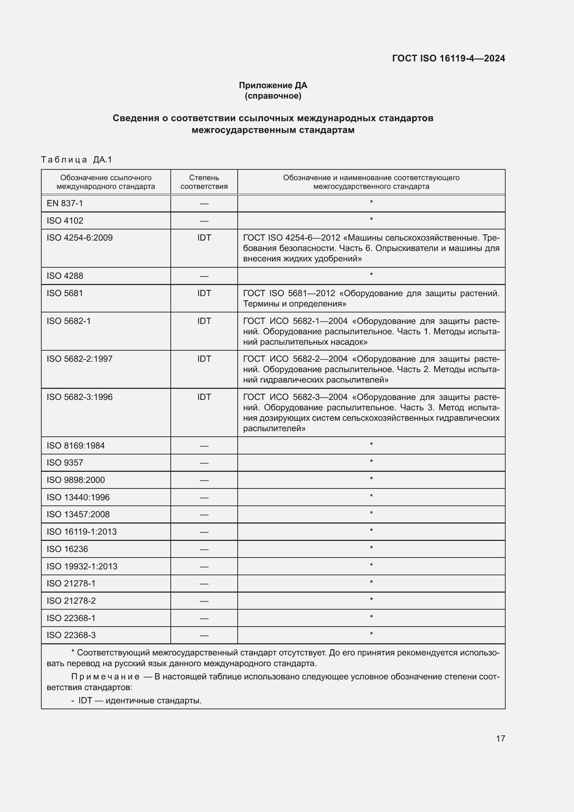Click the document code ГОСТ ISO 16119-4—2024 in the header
pos(448,58)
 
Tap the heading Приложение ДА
pos(273,85)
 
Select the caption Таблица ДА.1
pos(76,159)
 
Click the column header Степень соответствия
pos(204,182)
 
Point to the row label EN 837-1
pos(65,203)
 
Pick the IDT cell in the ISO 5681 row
pos(204,293)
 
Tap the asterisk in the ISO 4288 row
pos(371,275)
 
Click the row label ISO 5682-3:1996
pos(79,397)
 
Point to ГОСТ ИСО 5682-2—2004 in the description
pos(295,359)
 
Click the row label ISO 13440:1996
pos(78,497)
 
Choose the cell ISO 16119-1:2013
pos(82,531)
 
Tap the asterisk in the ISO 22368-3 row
pos(371,634)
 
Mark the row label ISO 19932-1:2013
pos(82,566)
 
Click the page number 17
pos(500,738)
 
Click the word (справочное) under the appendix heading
pos(273,96)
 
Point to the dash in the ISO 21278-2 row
pos(204,601)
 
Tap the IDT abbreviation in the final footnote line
pos(85,700)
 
